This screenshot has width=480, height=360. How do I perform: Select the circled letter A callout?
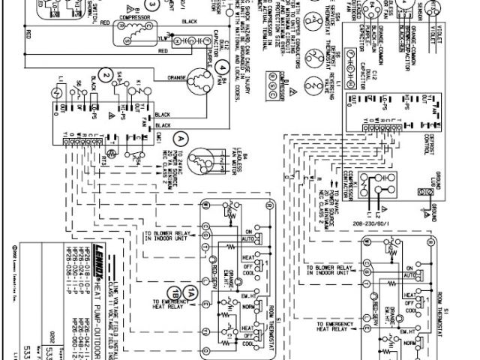pos(180,138)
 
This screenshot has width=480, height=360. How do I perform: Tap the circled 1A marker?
pos(193,293)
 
